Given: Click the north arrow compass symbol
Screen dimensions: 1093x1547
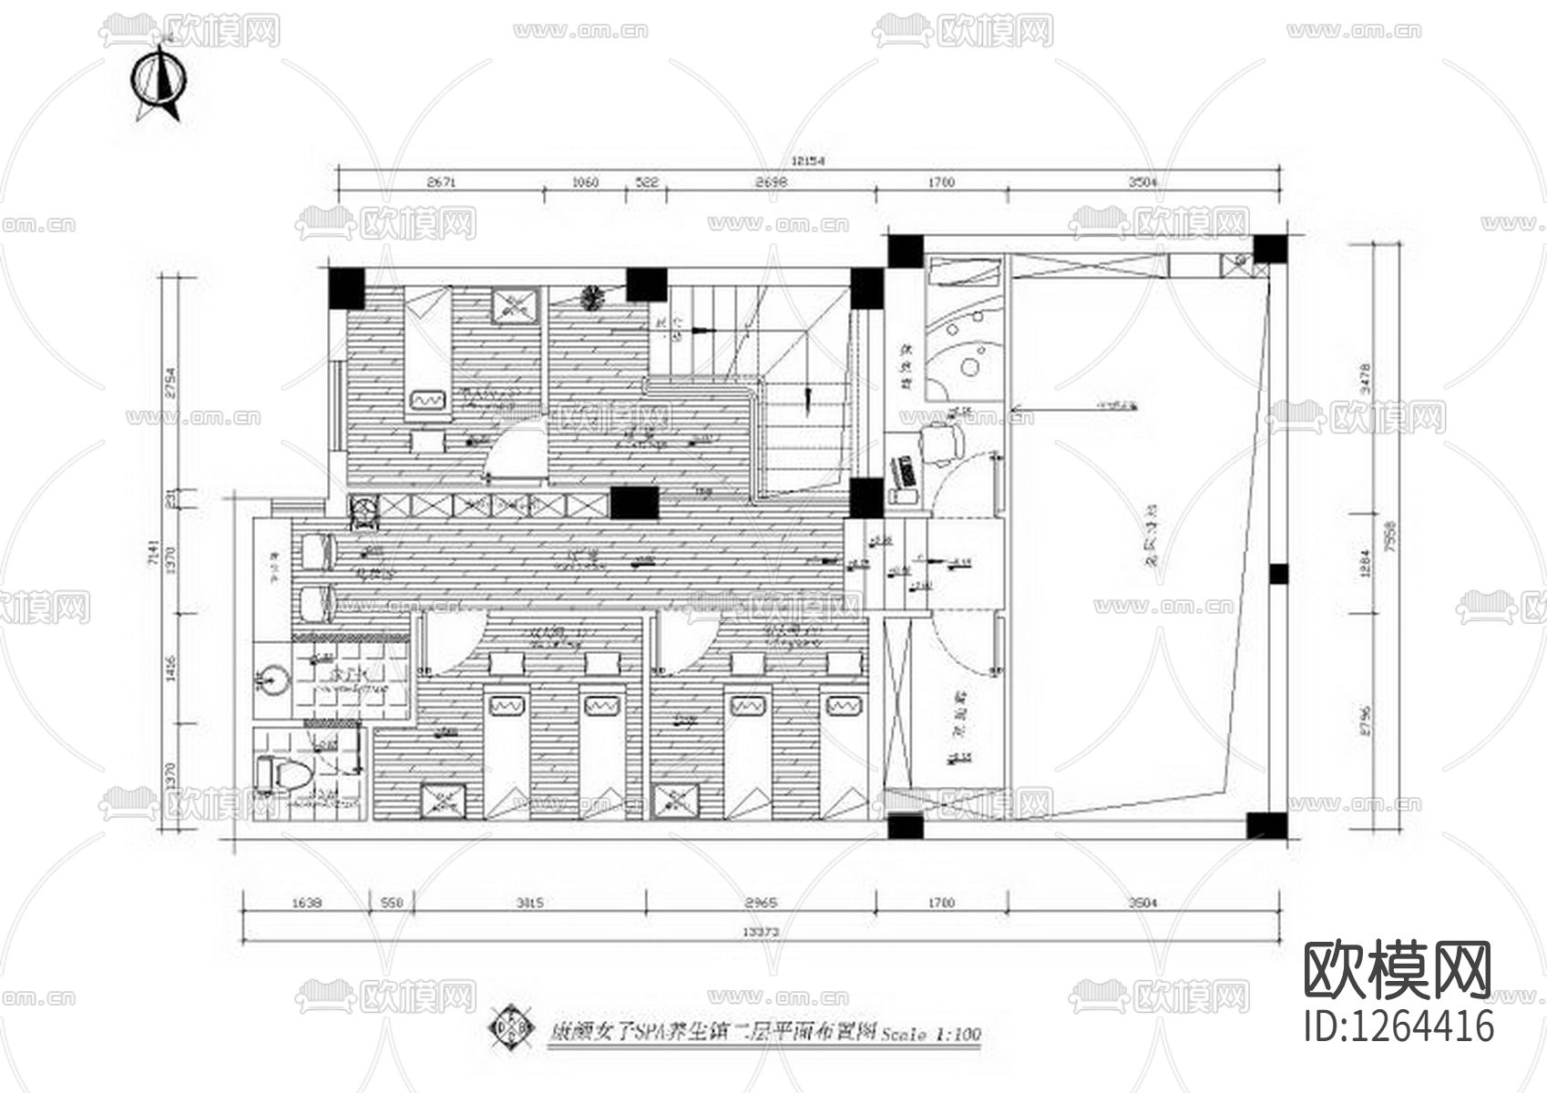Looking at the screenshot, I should click(x=161, y=79).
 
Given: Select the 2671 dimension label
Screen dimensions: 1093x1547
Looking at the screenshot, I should click(x=441, y=182).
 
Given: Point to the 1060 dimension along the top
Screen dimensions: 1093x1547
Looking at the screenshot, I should click(x=585, y=182).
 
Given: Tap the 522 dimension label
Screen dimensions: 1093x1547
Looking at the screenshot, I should click(x=646, y=182).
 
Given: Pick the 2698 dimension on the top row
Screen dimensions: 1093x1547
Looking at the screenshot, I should click(x=771, y=182).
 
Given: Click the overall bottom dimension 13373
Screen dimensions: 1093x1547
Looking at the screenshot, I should click(x=760, y=931).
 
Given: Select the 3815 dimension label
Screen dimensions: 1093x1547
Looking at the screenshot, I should click(x=529, y=903).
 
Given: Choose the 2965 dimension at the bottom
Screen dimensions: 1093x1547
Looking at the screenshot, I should click(x=761, y=903).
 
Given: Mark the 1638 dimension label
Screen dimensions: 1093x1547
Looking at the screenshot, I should click(x=306, y=903).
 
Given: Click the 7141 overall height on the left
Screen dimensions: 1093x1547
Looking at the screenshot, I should click(x=154, y=553).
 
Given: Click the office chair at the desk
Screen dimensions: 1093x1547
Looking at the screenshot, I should click(x=941, y=444).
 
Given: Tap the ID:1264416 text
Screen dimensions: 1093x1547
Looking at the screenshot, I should click(x=1399, y=1026).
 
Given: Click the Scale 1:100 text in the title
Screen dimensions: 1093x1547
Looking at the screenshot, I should click(x=930, y=1035).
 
